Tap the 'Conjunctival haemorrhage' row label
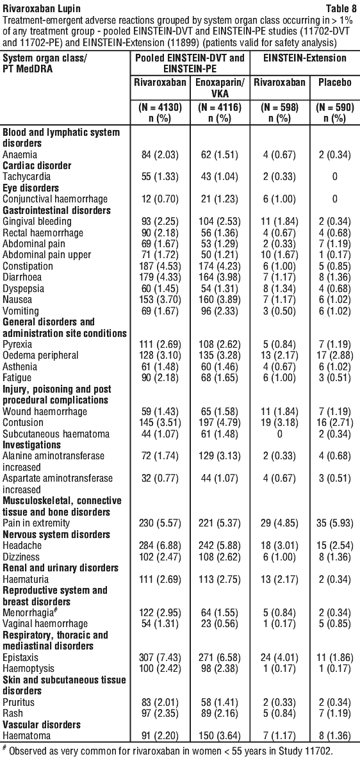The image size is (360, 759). click(x=44, y=199)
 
